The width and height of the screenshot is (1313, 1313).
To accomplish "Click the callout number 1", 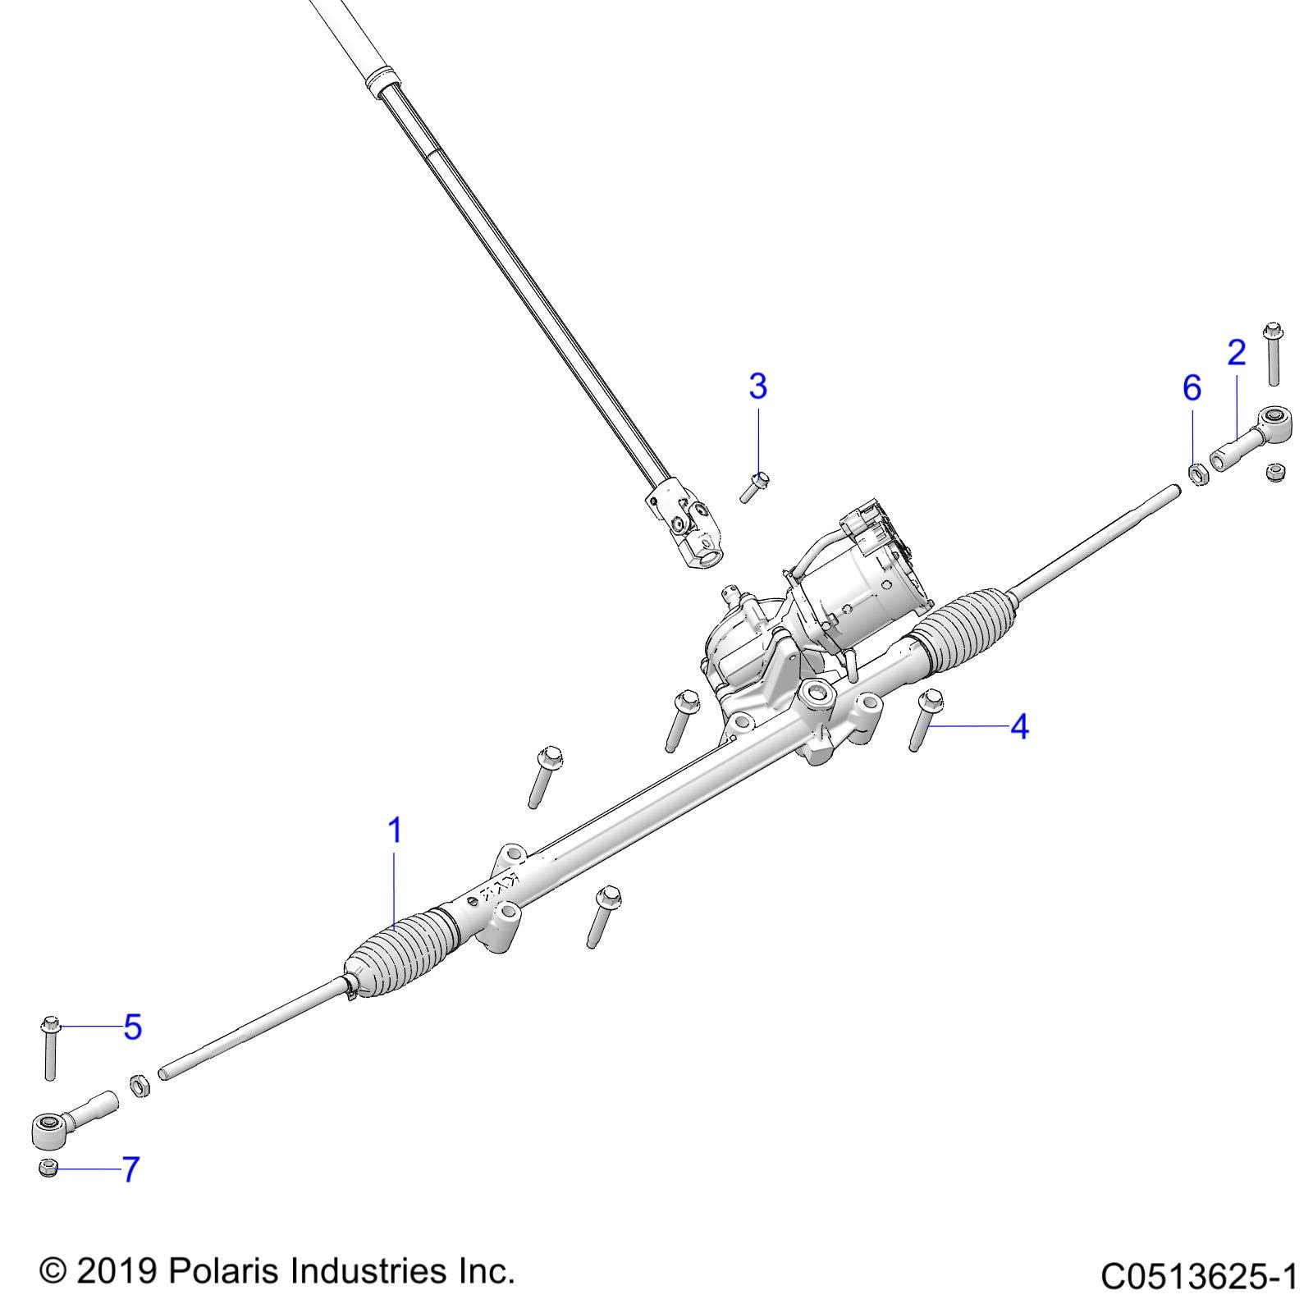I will point(395,830).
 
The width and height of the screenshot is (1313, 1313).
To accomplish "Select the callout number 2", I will point(1236,353).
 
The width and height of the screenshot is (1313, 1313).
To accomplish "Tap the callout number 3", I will point(757,386).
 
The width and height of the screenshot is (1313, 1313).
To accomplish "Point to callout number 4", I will point(1018,726).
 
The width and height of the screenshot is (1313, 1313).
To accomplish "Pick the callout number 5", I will point(133,1027).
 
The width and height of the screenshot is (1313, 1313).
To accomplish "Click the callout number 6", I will point(1192,387).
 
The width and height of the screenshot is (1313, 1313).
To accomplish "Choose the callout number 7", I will point(130,1169).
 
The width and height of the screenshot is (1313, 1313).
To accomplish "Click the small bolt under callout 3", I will point(753,487).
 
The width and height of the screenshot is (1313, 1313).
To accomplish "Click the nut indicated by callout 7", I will point(48,1168).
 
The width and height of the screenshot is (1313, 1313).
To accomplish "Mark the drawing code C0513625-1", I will point(1197,1277).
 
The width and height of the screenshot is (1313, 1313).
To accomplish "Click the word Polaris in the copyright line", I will point(216,1271).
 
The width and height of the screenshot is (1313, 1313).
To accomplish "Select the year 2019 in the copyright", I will point(117,1272).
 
